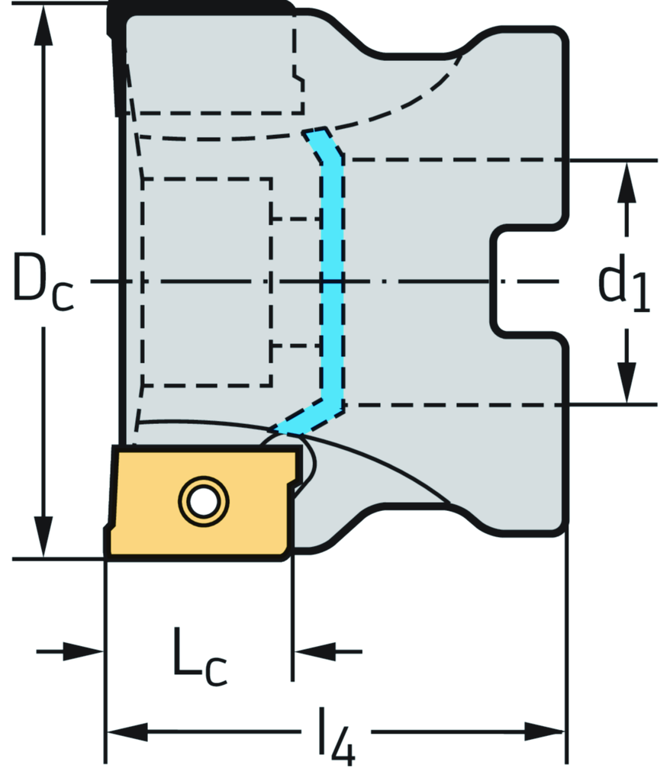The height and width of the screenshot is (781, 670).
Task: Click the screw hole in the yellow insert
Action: [203, 501]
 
